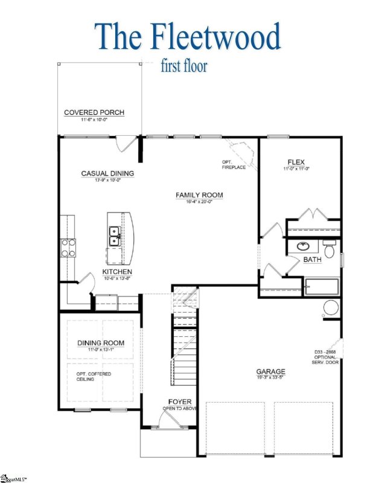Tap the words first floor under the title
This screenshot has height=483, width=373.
(x=184, y=66)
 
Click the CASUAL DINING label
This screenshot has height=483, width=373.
(x=107, y=173)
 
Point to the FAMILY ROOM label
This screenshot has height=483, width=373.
(x=199, y=194)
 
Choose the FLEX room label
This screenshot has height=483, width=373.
(x=296, y=161)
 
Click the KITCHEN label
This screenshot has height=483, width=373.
(x=117, y=272)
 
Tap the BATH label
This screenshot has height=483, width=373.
(x=312, y=260)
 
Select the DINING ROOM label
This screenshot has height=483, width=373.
(x=101, y=343)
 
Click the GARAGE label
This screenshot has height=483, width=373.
(x=270, y=372)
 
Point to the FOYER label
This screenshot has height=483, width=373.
(x=180, y=401)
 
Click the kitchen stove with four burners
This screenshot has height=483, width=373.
(x=67, y=247)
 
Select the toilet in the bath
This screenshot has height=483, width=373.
(x=329, y=249)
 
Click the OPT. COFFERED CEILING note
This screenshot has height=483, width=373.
(x=94, y=377)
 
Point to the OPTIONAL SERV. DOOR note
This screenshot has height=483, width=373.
(x=319, y=356)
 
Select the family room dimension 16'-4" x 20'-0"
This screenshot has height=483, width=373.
(x=199, y=202)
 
